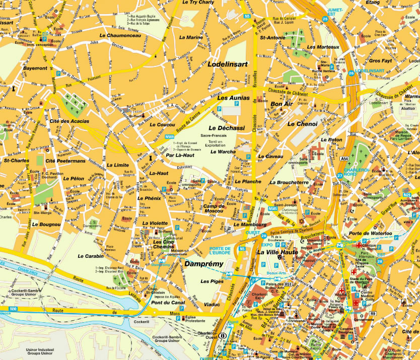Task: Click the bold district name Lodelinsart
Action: point(228,65)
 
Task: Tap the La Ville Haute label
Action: point(277,252)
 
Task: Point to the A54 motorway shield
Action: point(344,159)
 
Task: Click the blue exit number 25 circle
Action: point(325,19)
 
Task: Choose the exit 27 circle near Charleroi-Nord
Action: point(340,176)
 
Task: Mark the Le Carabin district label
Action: point(91,256)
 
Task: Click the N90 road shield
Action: point(13,309)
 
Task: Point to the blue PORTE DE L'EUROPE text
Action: point(220,251)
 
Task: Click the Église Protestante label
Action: point(196,319)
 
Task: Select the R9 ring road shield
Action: point(373,314)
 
